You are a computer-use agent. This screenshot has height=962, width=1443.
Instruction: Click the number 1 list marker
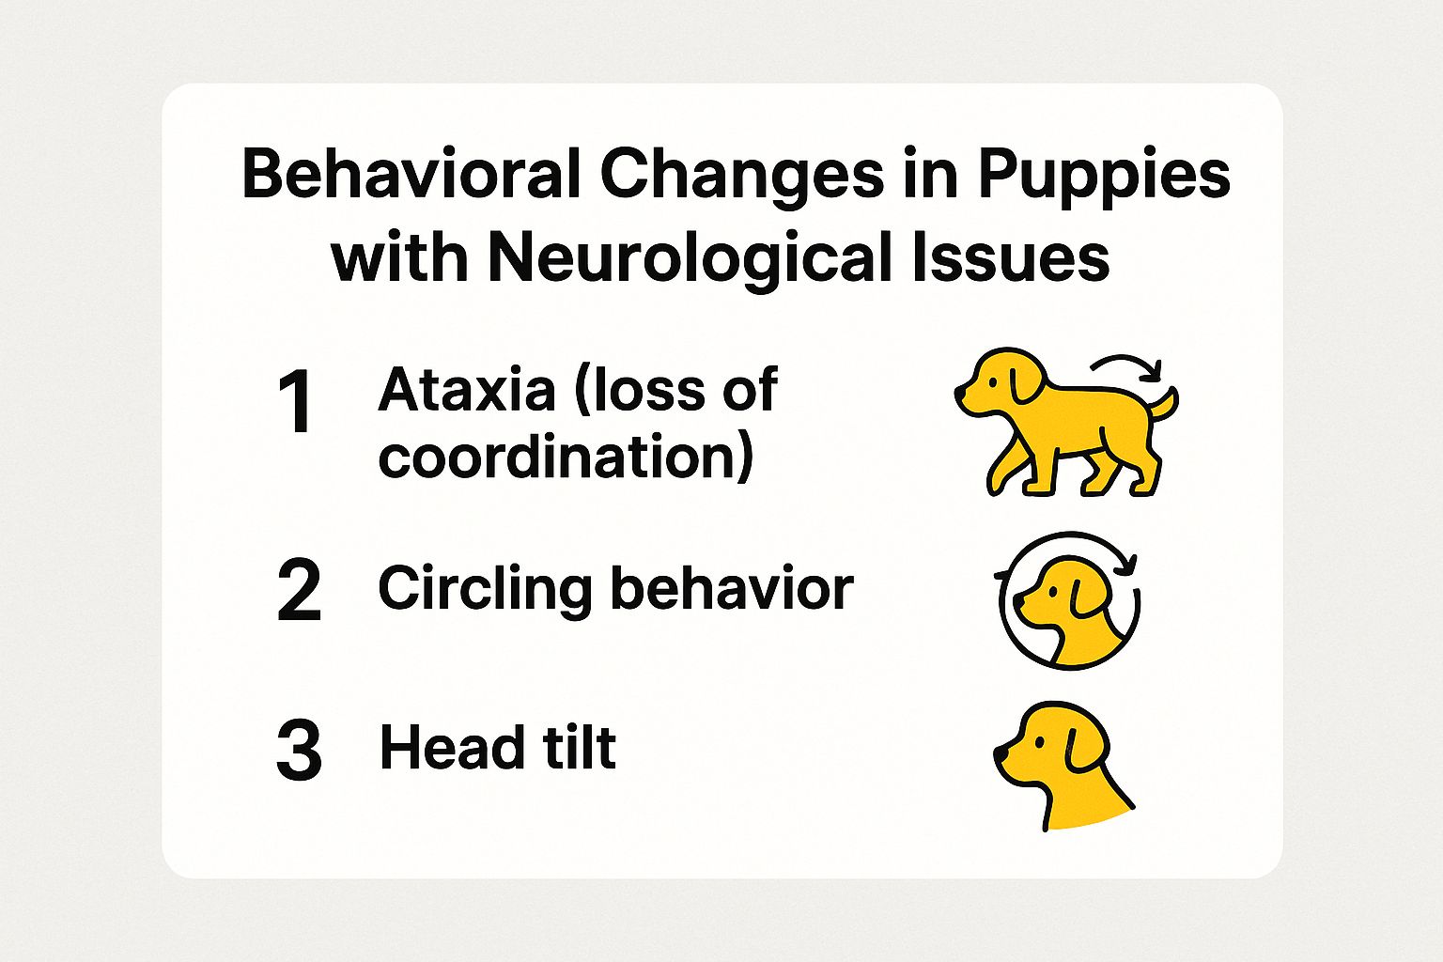[x=295, y=403]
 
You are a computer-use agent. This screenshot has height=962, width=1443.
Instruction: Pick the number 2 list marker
[x=299, y=590]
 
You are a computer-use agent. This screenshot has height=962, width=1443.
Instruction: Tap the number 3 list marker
[x=299, y=750]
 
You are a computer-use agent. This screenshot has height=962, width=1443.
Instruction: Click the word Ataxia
[x=466, y=389]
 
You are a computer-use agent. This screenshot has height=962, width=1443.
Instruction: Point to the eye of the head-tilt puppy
[x=1039, y=741]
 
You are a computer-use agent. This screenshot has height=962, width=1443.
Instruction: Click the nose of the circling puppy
[x=1017, y=600]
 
